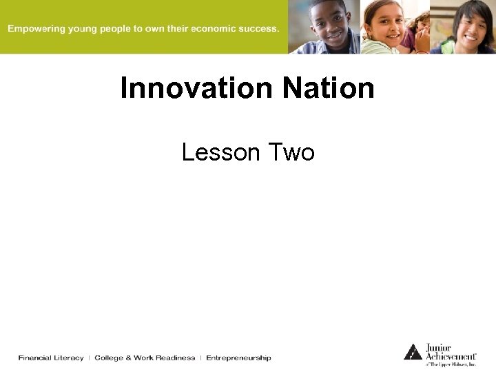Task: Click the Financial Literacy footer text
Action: coord(51,358)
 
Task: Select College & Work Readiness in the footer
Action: coord(145,358)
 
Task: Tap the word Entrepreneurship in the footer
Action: coord(238,358)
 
